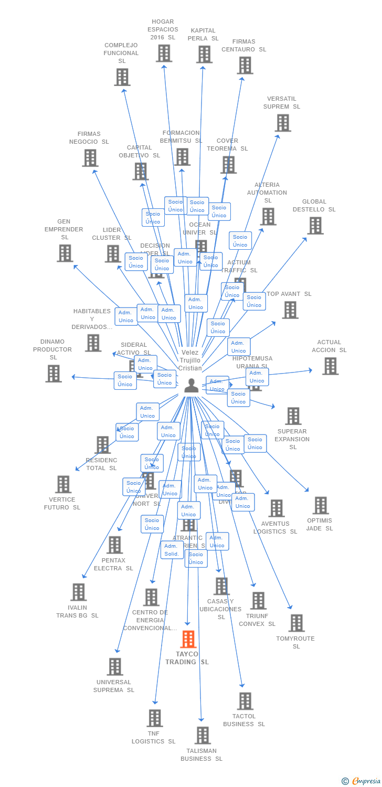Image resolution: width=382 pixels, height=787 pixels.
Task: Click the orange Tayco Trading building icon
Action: click(188, 639)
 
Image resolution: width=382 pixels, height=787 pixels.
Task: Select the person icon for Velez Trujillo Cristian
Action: click(192, 385)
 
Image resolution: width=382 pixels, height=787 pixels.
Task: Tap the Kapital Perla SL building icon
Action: click(204, 54)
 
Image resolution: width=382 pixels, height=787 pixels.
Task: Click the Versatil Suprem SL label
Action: click(283, 102)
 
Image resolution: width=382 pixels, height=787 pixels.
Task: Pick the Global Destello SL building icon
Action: click(315, 226)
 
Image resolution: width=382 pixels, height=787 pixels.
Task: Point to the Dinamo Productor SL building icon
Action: click(54, 374)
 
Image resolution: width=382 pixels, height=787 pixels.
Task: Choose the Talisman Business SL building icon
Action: click(203, 736)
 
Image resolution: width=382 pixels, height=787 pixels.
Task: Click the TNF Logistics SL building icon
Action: click(154, 718)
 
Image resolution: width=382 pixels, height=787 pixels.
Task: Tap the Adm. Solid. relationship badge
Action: click(172, 550)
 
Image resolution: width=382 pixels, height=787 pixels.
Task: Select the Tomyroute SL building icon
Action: click(296, 623)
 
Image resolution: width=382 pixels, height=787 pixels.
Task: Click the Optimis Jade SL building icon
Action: click(320, 506)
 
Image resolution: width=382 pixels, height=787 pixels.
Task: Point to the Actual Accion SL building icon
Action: click(330, 366)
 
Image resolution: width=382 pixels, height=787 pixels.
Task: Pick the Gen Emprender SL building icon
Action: click(65, 253)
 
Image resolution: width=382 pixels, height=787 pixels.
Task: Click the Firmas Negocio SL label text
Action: click(89, 137)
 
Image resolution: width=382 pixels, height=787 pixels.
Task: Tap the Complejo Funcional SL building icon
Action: click(122, 77)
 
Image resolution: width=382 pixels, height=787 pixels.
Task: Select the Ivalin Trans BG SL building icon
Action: click(78, 592)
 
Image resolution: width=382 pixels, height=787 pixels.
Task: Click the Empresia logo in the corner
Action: click(362, 781)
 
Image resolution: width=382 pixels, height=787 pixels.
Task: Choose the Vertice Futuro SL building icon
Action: click(63, 484)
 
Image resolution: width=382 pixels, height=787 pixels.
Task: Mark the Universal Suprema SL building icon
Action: click(114, 667)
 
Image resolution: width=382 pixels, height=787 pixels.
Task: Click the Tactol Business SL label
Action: click(244, 720)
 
